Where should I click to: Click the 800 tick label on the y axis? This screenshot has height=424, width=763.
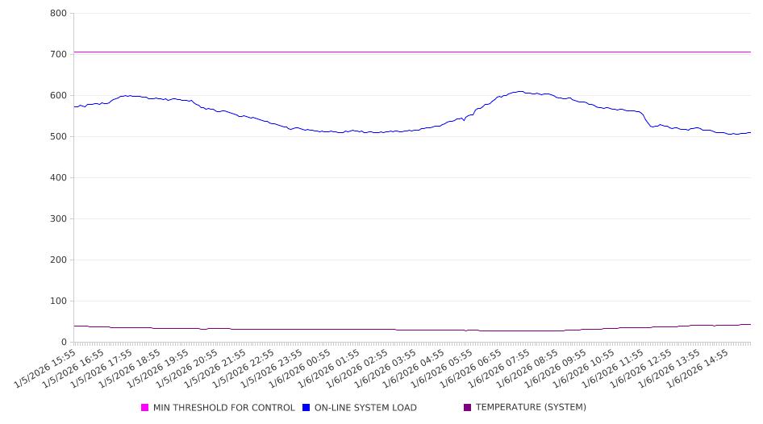click(58, 14)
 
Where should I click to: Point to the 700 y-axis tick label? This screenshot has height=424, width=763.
click(58, 55)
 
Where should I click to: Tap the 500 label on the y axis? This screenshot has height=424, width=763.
click(58, 137)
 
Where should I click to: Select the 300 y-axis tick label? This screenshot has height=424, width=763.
click(58, 219)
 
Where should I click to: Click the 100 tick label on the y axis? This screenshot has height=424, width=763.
click(58, 301)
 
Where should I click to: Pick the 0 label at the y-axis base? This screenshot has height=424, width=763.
click(64, 343)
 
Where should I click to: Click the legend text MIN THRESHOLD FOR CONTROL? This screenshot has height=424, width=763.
click(223, 408)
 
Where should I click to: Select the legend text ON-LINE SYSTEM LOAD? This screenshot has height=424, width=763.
click(365, 408)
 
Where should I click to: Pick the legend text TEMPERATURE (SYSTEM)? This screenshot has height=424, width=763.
click(530, 408)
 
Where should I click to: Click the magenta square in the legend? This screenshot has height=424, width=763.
click(145, 408)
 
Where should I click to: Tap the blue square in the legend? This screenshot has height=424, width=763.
click(306, 408)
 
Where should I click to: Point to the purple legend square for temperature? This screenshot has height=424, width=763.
click(468, 408)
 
